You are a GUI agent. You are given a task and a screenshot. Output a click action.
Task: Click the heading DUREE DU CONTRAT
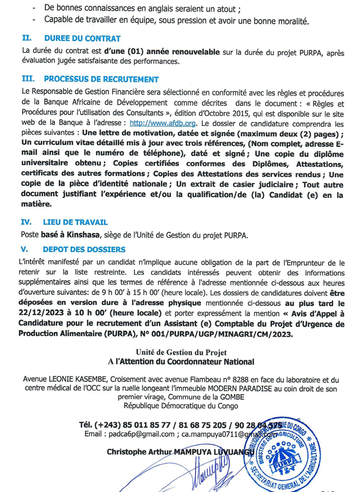click(82, 39)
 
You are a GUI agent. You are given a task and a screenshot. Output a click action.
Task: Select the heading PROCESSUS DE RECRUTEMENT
click(101, 79)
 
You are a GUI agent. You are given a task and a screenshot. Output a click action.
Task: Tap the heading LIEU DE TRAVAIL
click(76, 222)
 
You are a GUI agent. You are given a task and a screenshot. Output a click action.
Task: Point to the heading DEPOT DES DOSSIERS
click(84, 249)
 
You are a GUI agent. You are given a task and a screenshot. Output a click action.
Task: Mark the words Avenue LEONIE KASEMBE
click(60, 379)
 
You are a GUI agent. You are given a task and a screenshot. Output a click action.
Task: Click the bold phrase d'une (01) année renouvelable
click(161, 52)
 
